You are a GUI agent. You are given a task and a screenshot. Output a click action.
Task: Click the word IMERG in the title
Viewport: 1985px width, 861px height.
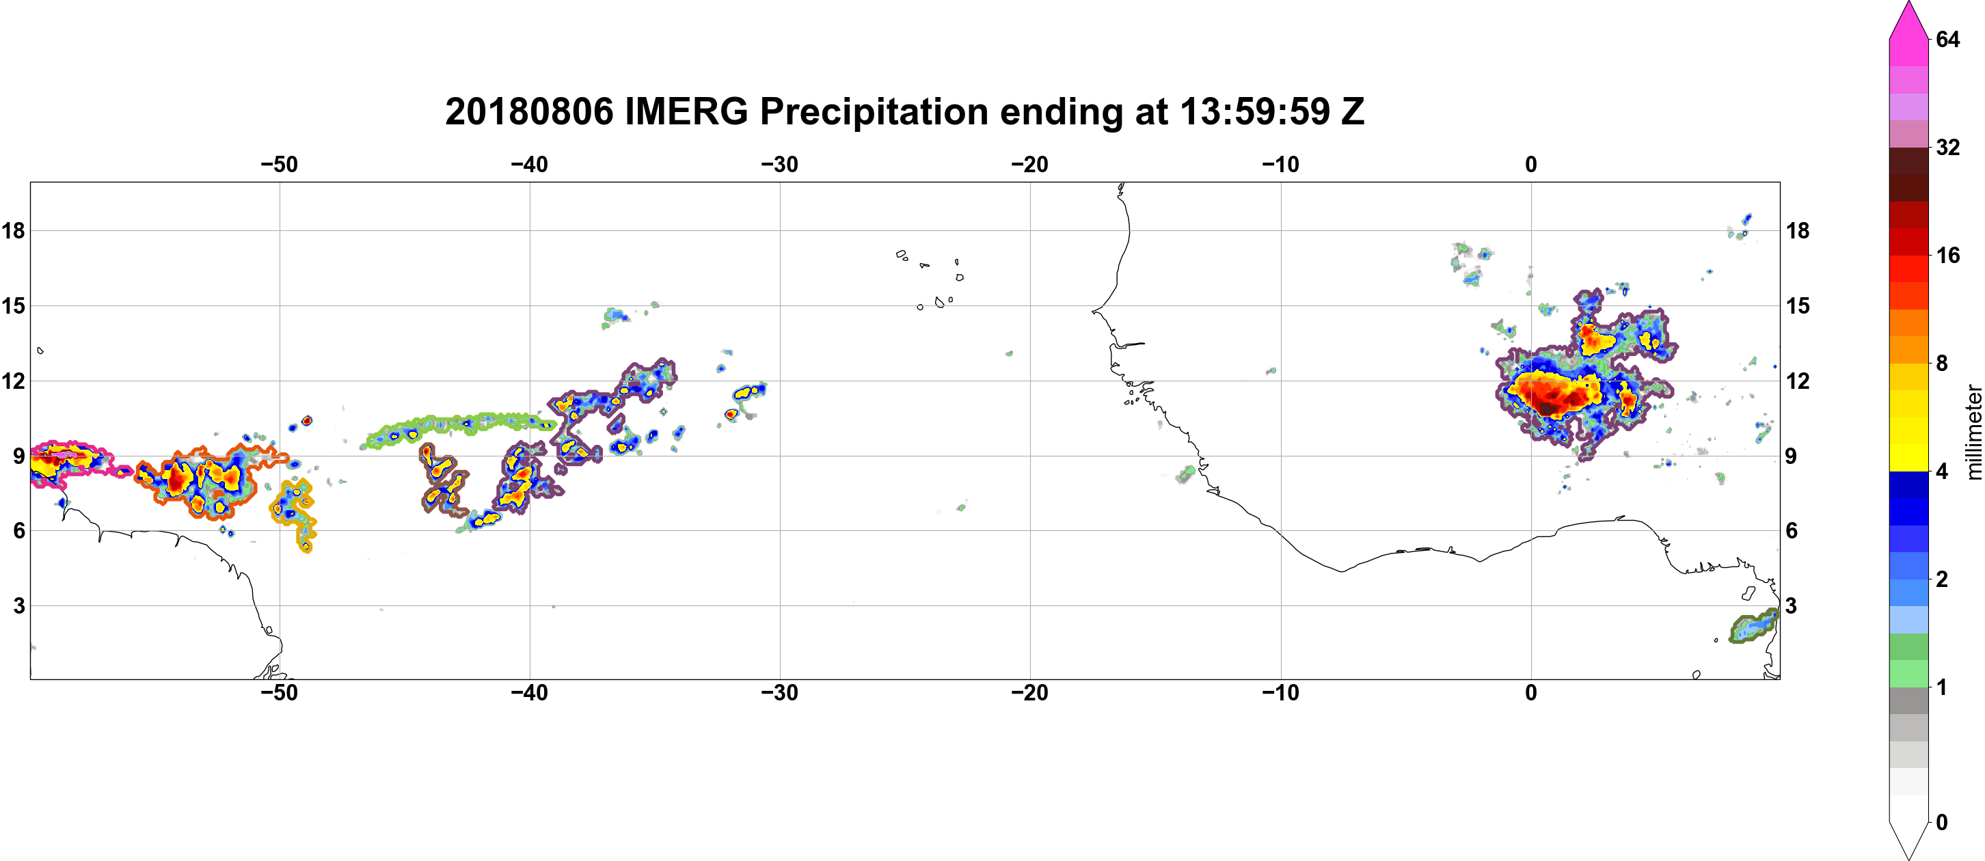pyautogui.click(x=686, y=111)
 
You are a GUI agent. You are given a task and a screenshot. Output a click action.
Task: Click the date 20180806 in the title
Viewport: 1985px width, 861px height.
pyautogui.click(x=528, y=111)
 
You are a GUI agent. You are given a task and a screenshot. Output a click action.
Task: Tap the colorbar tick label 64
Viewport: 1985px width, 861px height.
pyautogui.click(x=1948, y=39)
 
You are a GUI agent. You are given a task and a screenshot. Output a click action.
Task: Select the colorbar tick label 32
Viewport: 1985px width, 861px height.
pyautogui.click(x=1948, y=147)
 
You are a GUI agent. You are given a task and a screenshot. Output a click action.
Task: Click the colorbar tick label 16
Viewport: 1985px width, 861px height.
pyautogui.click(x=1948, y=255)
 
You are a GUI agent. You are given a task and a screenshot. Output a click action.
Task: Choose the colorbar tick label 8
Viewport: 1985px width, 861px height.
pyautogui.click(x=1942, y=363)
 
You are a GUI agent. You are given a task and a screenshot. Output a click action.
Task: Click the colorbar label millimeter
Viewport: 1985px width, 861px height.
pyautogui.click(x=1973, y=432)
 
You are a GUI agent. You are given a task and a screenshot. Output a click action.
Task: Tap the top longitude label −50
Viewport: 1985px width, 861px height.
pyautogui.click(x=279, y=165)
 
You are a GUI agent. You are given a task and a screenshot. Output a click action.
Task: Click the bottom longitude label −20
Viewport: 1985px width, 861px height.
pyautogui.click(x=1030, y=693)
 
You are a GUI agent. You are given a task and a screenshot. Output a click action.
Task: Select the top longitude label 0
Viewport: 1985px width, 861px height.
pyautogui.click(x=1531, y=165)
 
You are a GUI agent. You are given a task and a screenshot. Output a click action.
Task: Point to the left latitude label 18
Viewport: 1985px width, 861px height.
pyautogui.click(x=13, y=230)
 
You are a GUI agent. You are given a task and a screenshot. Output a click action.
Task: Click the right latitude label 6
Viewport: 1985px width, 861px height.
pyautogui.click(x=1792, y=531)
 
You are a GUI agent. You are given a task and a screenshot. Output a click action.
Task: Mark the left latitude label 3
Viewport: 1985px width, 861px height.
pyautogui.click(x=19, y=606)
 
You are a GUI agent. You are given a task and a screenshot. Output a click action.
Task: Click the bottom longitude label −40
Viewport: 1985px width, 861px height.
pyautogui.click(x=529, y=693)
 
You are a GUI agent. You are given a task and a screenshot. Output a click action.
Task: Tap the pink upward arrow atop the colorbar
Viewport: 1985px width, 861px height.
pyautogui.click(x=1908, y=19)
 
